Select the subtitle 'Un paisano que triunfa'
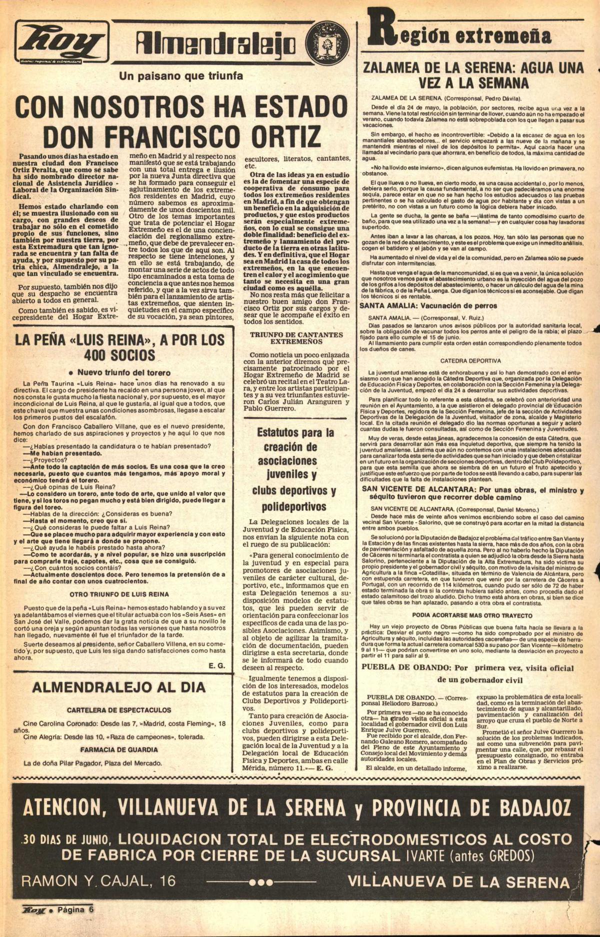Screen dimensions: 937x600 [181, 76]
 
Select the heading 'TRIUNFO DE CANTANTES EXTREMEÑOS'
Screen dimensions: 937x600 [296, 338]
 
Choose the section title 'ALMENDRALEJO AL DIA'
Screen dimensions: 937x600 [118, 687]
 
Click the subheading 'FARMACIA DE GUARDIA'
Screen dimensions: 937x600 [119, 750]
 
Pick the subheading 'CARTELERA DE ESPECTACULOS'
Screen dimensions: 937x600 [119, 710]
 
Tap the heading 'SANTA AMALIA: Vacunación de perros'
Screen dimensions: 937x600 [428, 306]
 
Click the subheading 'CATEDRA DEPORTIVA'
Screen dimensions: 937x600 [470, 360]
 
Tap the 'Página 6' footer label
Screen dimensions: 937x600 [75, 909]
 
